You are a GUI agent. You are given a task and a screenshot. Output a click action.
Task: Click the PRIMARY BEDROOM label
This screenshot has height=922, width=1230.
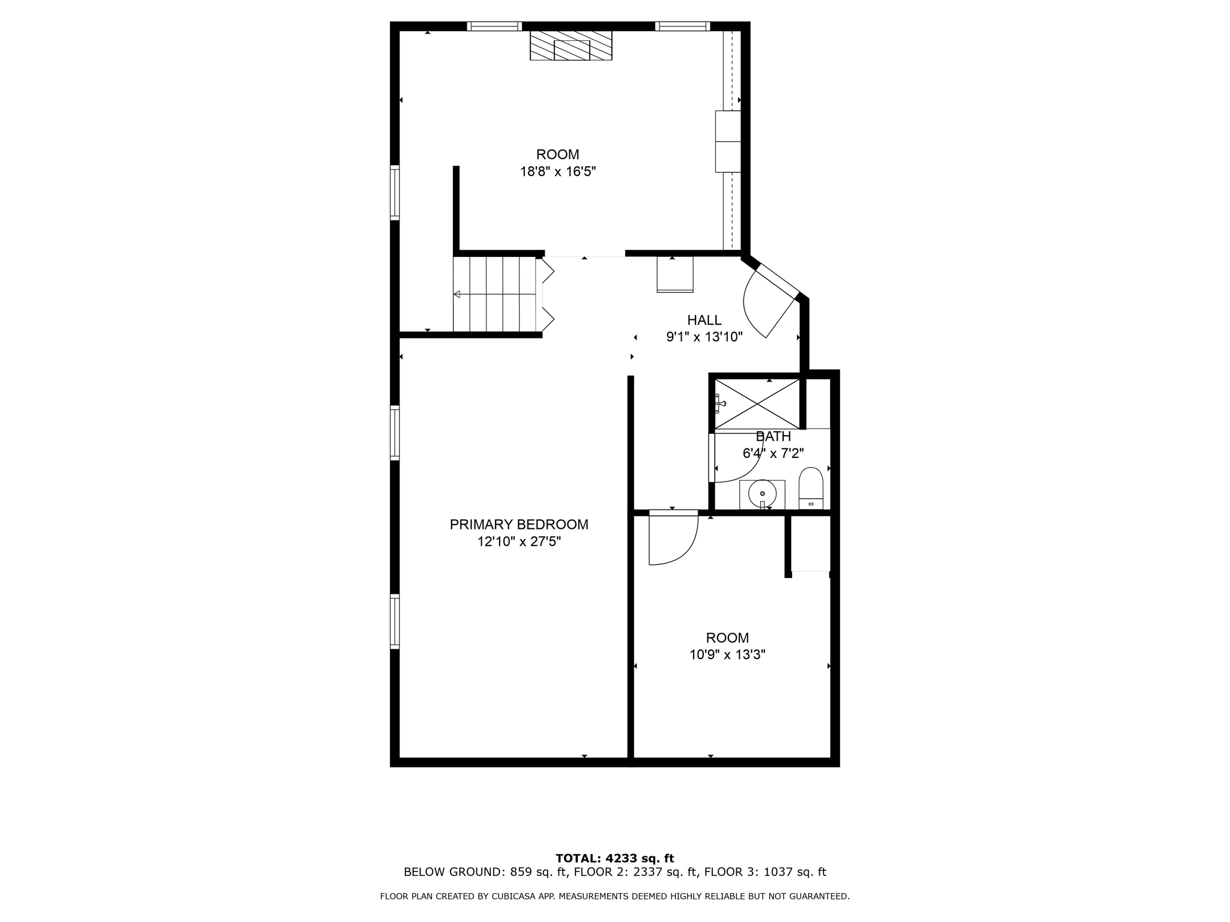519,524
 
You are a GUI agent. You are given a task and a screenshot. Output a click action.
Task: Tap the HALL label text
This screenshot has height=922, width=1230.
704,320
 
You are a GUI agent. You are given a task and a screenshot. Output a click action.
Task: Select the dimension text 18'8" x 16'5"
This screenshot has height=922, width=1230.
557,172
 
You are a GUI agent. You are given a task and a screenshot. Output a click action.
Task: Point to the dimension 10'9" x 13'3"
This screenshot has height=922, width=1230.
727,655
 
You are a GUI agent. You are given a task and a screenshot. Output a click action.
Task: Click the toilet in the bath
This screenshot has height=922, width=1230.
811,487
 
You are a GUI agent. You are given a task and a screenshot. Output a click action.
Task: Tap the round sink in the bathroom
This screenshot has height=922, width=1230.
762,494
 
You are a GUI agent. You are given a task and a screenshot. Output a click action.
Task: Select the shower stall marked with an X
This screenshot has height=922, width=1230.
757,403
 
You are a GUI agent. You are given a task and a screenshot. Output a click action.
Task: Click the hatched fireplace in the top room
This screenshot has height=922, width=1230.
571,46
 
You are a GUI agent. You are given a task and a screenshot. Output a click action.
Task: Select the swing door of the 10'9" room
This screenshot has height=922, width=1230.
673,538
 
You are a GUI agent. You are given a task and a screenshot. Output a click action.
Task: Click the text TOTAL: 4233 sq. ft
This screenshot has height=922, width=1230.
614,858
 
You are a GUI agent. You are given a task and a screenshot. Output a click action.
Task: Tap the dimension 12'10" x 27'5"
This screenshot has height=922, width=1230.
519,542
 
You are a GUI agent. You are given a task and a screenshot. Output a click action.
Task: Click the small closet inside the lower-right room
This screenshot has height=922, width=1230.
810,543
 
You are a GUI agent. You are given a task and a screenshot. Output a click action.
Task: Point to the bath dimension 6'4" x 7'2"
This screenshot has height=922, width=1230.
773,454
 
